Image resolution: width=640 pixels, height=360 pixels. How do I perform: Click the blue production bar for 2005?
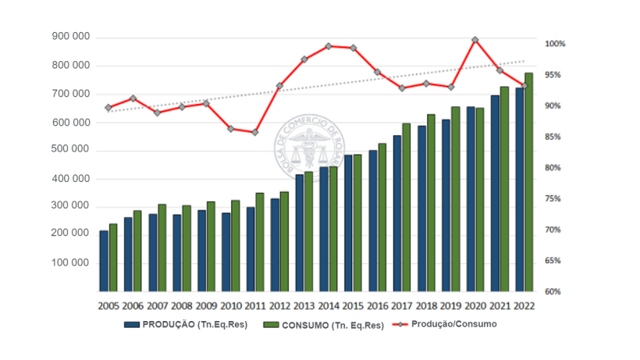[104, 260]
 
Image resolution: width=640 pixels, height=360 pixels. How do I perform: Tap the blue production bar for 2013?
[300, 232]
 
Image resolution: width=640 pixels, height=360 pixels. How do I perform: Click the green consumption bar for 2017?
[406, 206]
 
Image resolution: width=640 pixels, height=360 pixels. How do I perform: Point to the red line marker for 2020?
[475, 40]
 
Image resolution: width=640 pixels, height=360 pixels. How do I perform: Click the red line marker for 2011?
[254, 132]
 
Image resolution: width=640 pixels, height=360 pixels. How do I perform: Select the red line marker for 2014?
[328, 46]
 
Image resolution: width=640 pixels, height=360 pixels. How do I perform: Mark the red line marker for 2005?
[108, 108]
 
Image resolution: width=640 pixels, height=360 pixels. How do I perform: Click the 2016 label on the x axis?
[378, 307]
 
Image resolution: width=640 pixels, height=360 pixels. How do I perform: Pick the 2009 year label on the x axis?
[207, 307]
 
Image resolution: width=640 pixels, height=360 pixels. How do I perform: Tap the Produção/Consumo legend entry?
[444, 324]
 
